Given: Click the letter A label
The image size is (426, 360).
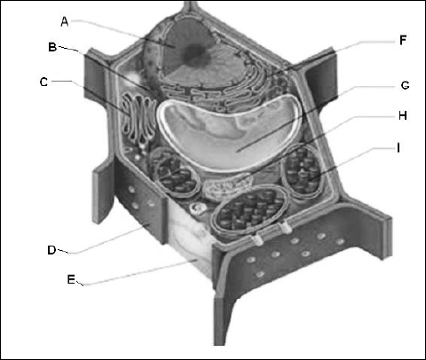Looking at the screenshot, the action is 65,21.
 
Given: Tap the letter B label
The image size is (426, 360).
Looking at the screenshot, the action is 52,47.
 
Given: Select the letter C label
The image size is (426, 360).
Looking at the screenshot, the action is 43,82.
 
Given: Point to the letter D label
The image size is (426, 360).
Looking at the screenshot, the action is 51,250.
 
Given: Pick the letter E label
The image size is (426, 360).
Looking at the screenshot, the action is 71,279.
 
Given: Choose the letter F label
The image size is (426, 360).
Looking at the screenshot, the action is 403,40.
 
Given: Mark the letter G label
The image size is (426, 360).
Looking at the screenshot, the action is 405,85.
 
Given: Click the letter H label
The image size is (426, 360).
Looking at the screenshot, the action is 403,115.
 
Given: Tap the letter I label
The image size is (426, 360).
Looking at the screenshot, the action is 398,147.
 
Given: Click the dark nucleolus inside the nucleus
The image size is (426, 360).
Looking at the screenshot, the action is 194,54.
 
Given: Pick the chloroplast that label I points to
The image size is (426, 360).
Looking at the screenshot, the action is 303,170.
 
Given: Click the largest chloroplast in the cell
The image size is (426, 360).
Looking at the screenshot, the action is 250,211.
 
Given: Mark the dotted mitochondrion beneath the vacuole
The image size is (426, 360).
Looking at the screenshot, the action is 227,187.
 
